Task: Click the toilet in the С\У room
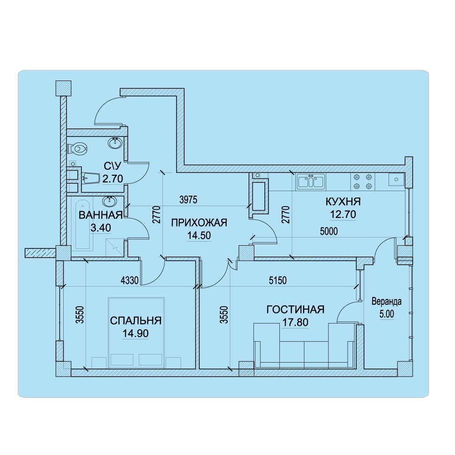(x=77, y=149)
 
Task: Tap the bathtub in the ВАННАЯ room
(x=83, y=224)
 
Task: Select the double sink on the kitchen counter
(x=310, y=182)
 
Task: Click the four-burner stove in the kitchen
(x=363, y=182)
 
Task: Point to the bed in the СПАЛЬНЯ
(x=136, y=333)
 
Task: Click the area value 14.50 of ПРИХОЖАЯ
(x=199, y=235)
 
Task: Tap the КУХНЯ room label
(x=343, y=202)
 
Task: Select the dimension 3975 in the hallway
(x=188, y=200)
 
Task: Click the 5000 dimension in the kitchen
(x=329, y=231)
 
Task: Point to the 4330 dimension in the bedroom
(x=129, y=280)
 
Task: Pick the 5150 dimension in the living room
(x=278, y=280)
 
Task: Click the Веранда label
(x=386, y=302)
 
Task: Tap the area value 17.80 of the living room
(x=295, y=322)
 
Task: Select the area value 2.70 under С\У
(x=112, y=178)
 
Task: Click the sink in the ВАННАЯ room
(x=110, y=201)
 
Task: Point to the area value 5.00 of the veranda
(x=387, y=314)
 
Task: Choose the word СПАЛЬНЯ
(x=136, y=321)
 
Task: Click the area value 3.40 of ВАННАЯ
(x=101, y=228)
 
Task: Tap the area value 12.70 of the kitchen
(x=343, y=214)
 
